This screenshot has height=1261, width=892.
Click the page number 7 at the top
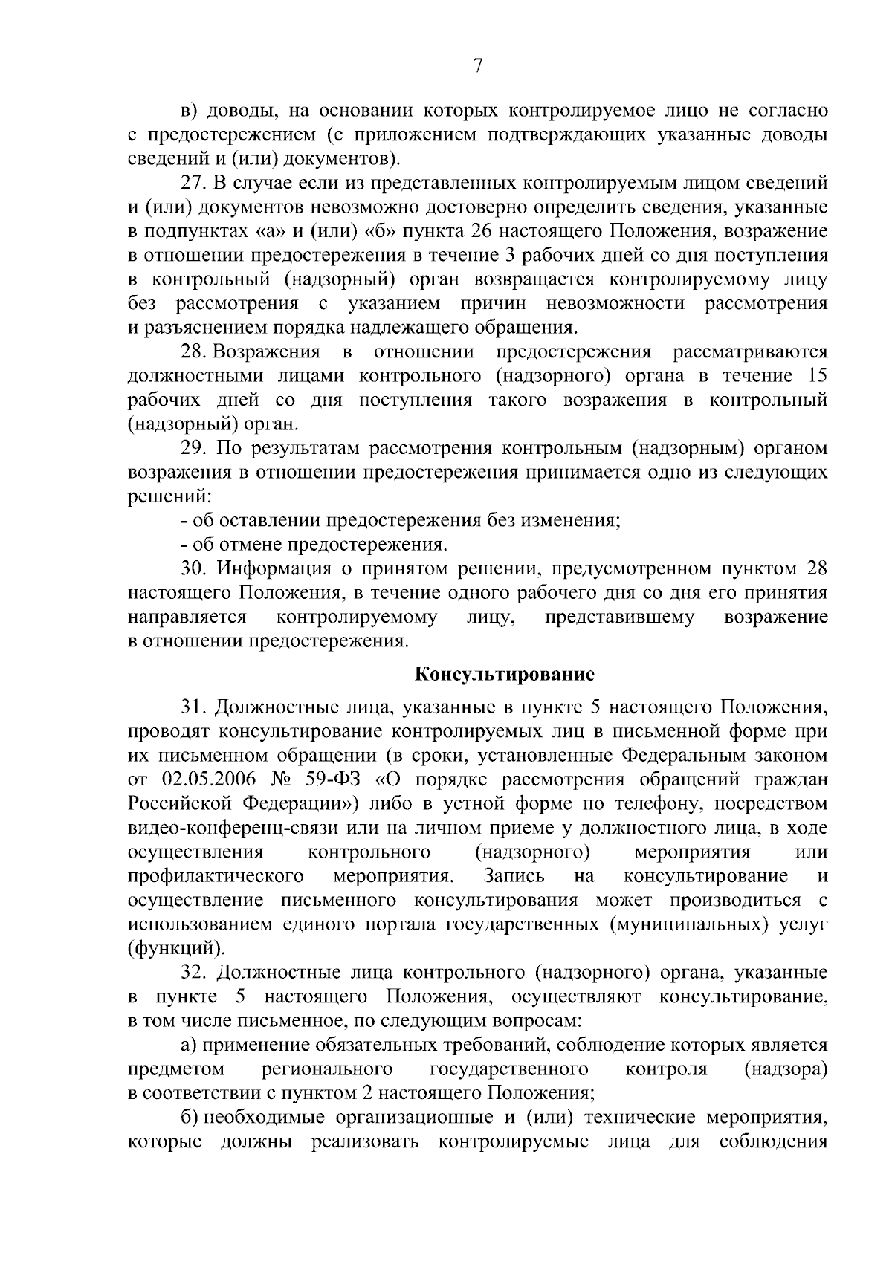[478, 66]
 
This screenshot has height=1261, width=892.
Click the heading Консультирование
[504, 675]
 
